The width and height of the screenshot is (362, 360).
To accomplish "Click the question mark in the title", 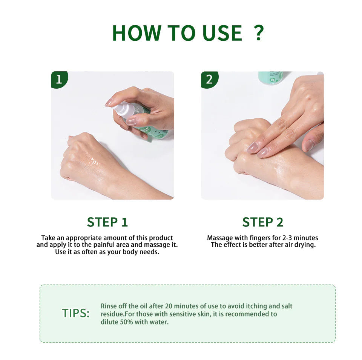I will point(258,33).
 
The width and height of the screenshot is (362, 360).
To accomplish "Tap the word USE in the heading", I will point(222,33).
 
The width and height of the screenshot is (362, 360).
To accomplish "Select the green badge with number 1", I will point(59,79).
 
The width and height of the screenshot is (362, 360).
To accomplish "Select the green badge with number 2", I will point(209,79).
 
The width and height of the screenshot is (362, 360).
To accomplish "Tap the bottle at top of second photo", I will point(270,77).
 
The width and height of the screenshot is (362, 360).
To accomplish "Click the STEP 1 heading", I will point(107,222).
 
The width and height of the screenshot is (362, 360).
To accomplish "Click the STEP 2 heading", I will point(262,222).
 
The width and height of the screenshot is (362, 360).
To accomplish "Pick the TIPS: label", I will point(76,313).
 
